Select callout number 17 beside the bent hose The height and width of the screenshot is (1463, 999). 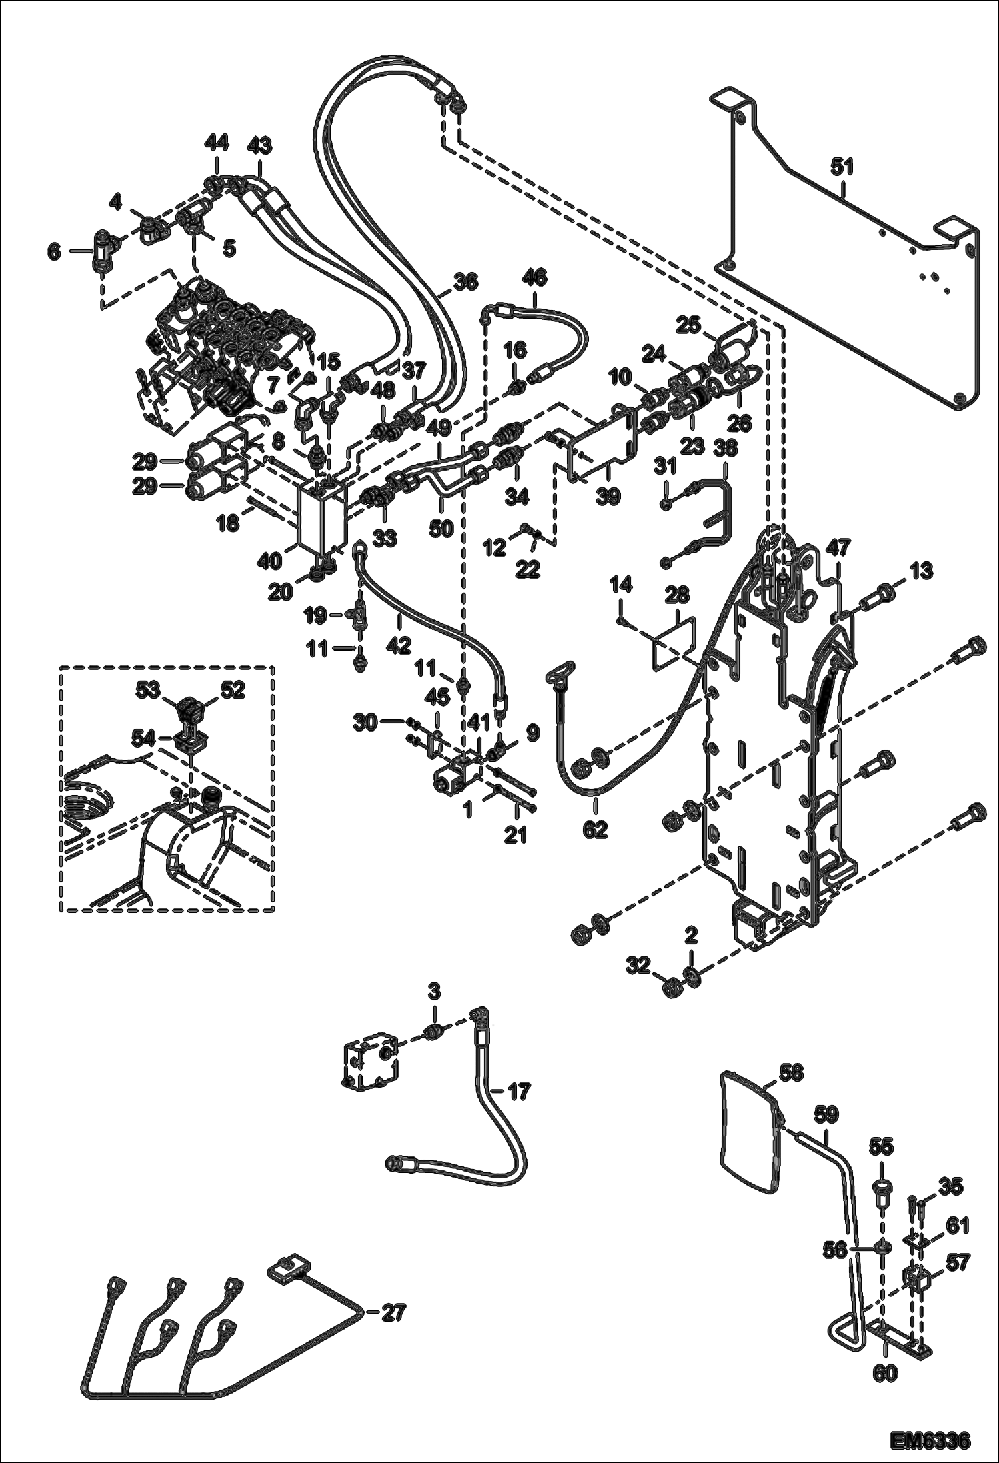pos(519,1092)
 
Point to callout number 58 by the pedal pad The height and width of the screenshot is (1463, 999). pos(790,1073)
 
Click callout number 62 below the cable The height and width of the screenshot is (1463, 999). pos(595,829)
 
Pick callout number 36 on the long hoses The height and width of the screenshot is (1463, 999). pos(465,282)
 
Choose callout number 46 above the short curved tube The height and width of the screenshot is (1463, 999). pos(534,277)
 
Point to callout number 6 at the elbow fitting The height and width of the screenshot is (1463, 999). pos(54,252)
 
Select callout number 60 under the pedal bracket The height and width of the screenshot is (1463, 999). pos(885,1372)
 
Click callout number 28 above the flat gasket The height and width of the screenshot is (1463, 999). pos(676,595)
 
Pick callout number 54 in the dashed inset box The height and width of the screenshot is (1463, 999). pos(143,737)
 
